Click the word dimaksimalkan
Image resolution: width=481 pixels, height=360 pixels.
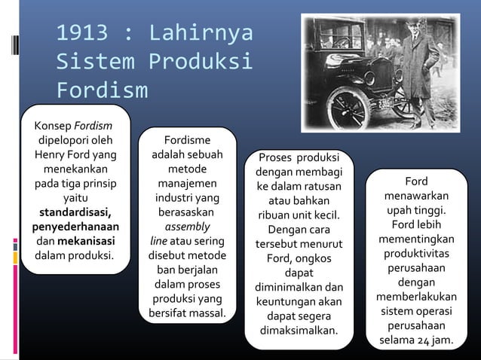[x=299, y=330]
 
